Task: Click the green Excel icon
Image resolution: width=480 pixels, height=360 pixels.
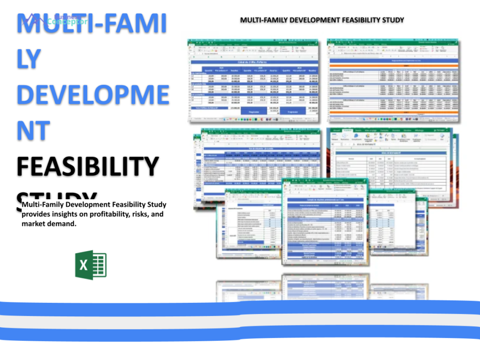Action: [91, 265]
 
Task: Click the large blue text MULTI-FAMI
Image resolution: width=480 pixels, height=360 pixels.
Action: [91, 24]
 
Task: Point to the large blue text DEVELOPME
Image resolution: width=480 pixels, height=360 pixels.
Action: [93, 94]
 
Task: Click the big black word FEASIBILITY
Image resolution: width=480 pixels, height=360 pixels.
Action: [88, 166]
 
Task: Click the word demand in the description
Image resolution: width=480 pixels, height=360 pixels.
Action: [64, 224]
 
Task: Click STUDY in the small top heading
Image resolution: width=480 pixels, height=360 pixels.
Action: [392, 20]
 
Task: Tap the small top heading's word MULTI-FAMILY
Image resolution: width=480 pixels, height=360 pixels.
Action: [262, 20]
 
